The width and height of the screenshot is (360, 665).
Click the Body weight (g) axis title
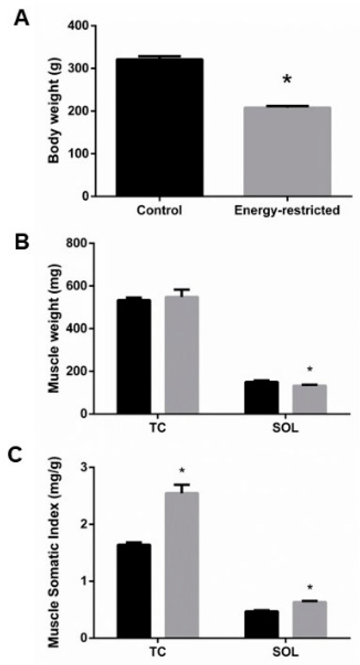coord(54,111)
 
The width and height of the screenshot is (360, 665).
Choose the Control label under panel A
coord(159,210)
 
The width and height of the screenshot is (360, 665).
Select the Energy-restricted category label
coord(287,210)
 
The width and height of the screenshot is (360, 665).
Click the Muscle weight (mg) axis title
coord(54,328)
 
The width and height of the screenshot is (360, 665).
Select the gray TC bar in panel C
coord(181,565)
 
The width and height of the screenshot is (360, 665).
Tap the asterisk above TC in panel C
coord(182,472)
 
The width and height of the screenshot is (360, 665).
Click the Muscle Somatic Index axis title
coord(54,553)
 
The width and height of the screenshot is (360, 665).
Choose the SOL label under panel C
coord(285,652)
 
